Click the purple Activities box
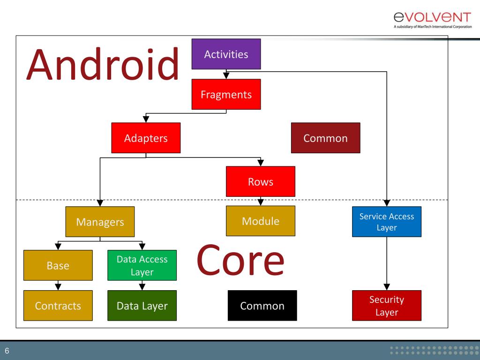click(x=226, y=54)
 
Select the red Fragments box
click(x=226, y=94)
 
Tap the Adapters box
click(x=146, y=138)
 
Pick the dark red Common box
click(x=325, y=138)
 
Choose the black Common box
click(x=262, y=306)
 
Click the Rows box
click(x=261, y=181)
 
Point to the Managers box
click(x=100, y=222)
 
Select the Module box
click(x=261, y=221)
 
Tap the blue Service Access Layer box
click(x=387, y=222)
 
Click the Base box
click(x=58, y=265)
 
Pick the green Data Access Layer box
click(x=142, y=265)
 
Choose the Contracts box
click(x=58, y=306)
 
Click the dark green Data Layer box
click(x=142, y=306)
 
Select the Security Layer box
click(x=387, y=306)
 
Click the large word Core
click(x=240, y=260)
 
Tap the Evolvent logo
click(x=432, y=20)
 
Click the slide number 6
click(x=7, y=350)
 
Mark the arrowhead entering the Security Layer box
click(x=387, y=286)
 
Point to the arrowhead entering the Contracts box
click(x=58, y=286)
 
